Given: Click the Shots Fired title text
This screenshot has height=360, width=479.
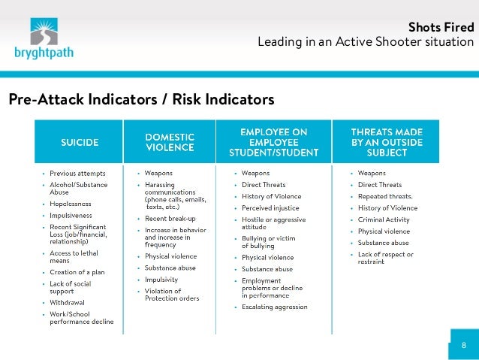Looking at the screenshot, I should pyautogui.click(x=440, y=28).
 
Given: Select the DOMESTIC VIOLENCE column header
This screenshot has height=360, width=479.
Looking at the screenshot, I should pyautogui.click(x=170, y=143).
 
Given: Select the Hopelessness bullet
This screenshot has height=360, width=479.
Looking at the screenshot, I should pyautogui.click(x=71, y=204).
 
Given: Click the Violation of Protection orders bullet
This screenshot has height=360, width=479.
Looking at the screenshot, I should pyautogui.click(x=172, y=295).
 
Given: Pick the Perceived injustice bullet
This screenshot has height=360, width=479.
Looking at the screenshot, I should pyautogui.click(x=270, y=207).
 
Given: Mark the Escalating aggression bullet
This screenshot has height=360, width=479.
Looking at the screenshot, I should pyautogui.click(x=274, y=307).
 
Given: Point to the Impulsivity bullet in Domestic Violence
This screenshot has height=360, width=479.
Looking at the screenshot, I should pyautogui.click(x=161, y=279).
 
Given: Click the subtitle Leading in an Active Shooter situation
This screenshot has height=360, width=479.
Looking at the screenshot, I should pyautogui.click(x=366, y=42).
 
